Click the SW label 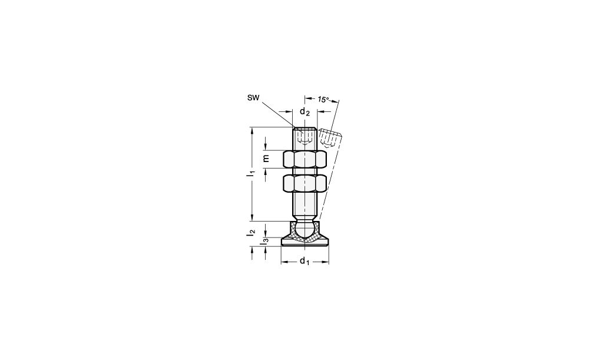pyautogui.click(x=253, y=98)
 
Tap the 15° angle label pyautogui.click(x=323, y=100)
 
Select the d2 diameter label pyautogui.click(x=305, y=111)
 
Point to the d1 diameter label pyautogui.click(x=305, y=261)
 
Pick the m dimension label pyautogui.click(x=266, y=158)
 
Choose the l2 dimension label pyautogui.click(x=251, y=233)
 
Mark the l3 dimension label pyautogui.click(x=265, y=241)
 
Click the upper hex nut pyautogui.click(x=305, y=159)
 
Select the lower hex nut pyautogui.click(x=305, y=183)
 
